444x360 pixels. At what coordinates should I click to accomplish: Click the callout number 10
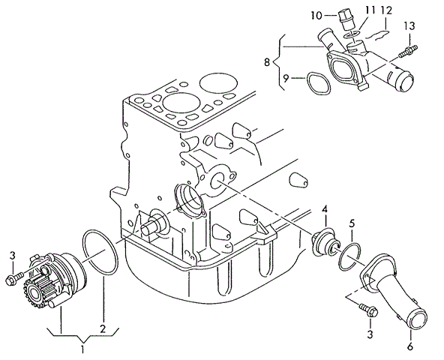tap(316, 15)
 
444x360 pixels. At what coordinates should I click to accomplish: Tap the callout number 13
tap(409, 26)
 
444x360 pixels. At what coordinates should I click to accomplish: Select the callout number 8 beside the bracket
tap(267, 62)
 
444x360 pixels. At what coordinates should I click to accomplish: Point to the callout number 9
tap(286, 78)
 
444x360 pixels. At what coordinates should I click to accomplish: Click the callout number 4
tap(325, 210)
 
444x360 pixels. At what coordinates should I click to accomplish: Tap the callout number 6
tap(410, 346)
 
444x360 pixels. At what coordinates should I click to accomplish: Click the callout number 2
tap(103, 328)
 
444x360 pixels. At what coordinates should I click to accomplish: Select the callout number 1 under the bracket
tap(82, 349)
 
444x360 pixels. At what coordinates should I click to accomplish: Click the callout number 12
tap(386, 10)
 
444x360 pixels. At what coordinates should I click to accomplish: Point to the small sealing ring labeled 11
tap(351, 34)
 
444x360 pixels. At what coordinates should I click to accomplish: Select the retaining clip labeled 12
tap(376, 34)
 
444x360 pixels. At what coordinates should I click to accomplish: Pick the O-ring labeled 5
tap(349, 256)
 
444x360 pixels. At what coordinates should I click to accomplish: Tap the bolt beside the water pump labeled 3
tap(14, 277)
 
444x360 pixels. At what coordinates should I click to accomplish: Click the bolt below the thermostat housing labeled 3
tap(369, 310)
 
